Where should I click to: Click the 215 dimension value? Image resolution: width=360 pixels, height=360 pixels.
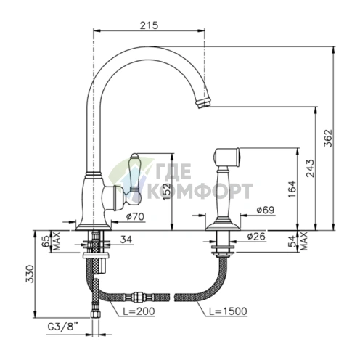click(x=149, y=25)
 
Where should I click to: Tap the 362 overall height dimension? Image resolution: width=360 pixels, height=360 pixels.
click(x=328, y=138)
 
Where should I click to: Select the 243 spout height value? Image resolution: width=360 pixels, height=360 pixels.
click(x=311, y=168)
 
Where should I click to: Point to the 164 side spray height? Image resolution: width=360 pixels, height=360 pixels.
click(x=292, y=189)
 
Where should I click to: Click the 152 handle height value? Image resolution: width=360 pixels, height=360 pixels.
click(x=166, y=191)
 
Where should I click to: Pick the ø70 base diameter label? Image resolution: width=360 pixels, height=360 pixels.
click(x=135, y=216)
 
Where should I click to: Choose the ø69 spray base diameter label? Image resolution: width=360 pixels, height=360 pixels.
click(x=266, y=210)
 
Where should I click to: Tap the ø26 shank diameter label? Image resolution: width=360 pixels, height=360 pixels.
click(x=256, y=236)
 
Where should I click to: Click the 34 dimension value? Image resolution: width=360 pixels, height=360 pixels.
click(x=126, y=240)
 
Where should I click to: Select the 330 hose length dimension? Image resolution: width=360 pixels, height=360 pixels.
click(x=30, y=274)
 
